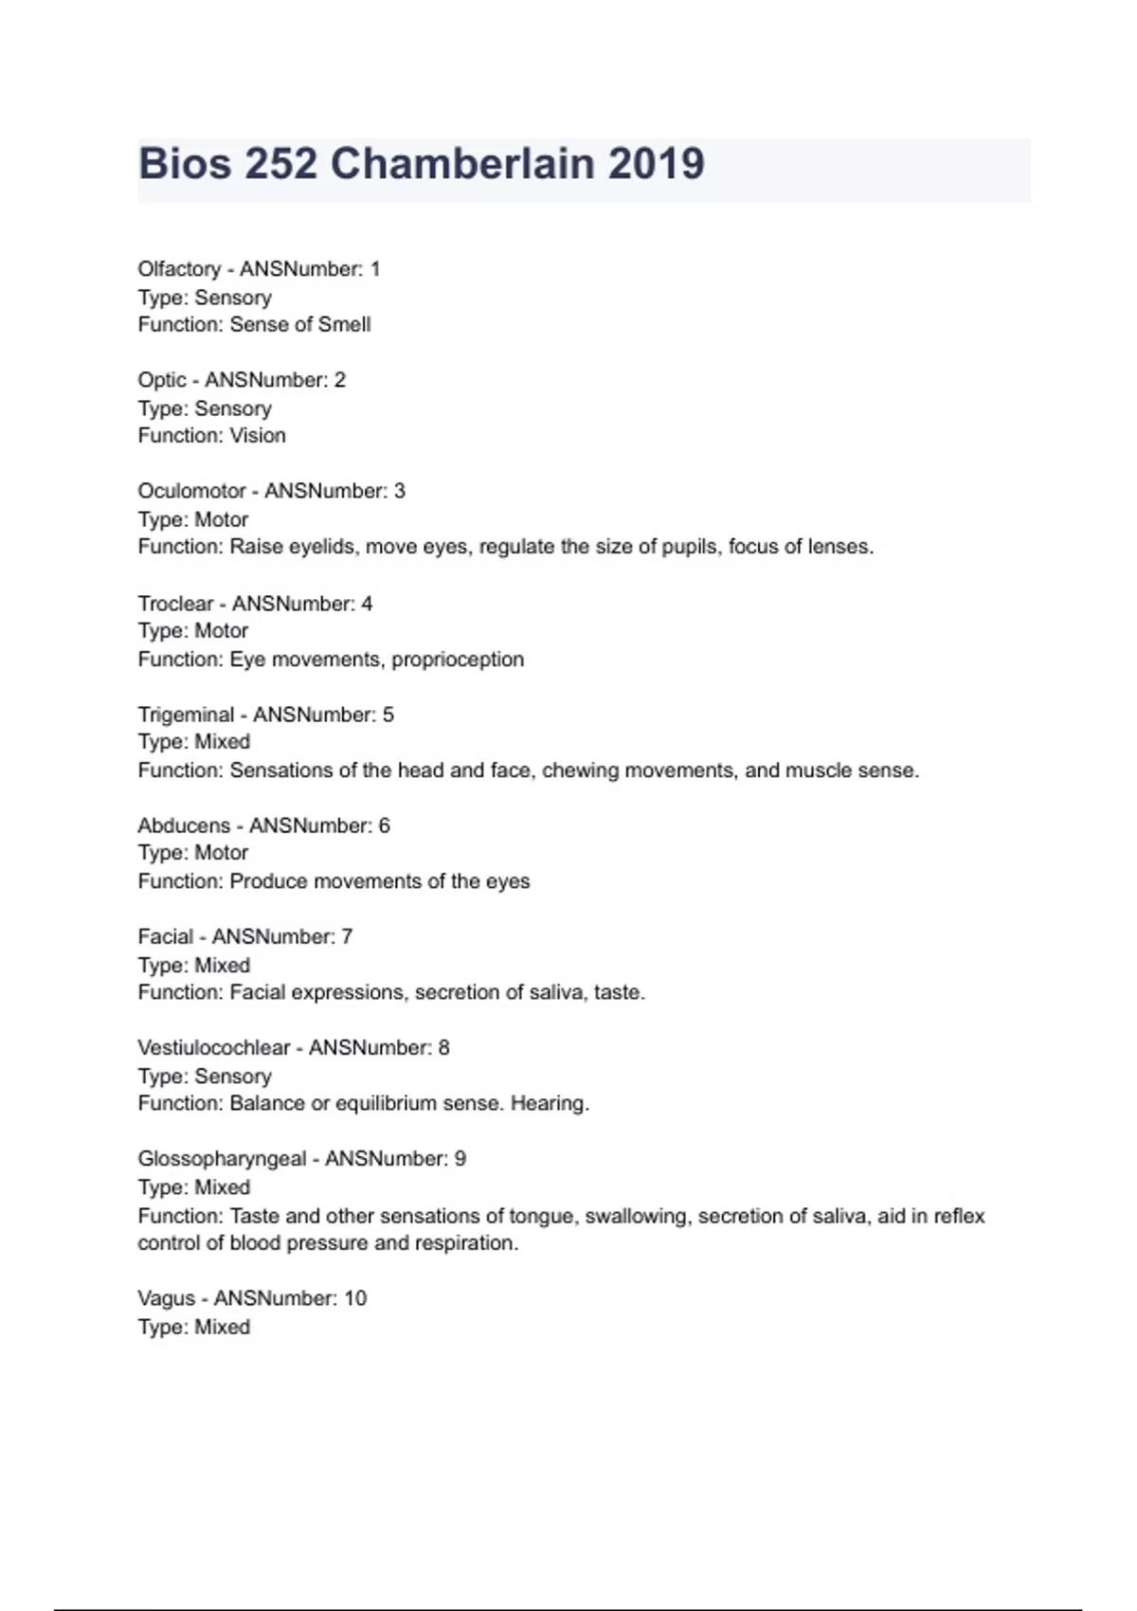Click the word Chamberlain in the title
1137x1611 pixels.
461,164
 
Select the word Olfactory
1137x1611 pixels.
179,269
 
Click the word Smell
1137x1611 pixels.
344,324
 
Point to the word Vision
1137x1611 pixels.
258,435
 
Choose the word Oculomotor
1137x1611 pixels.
192,491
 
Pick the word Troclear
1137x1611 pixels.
175,603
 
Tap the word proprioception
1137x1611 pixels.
458,659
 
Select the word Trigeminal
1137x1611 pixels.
186,714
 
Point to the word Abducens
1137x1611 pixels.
184,825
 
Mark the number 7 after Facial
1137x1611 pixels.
347,936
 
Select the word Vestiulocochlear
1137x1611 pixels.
214,1047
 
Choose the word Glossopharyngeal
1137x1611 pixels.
222,1158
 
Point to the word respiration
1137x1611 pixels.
467,1242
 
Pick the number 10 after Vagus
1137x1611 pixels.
355,1298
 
